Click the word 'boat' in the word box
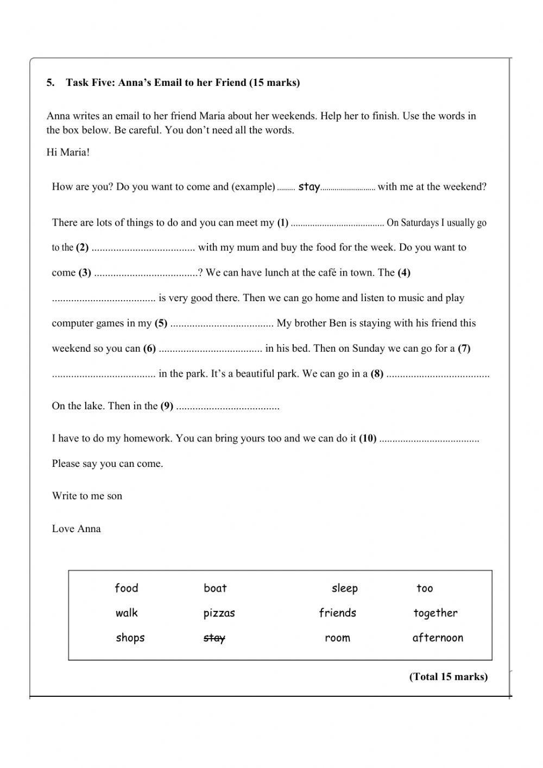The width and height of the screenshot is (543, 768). click(215, 588)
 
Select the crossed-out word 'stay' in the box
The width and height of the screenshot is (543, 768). click(214, 638)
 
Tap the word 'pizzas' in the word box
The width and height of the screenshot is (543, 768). click(219, 613)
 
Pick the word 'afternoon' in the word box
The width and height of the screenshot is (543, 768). click(438, 638)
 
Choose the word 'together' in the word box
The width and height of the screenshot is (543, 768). click(435, 613)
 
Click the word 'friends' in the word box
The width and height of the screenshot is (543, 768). click(338, 613)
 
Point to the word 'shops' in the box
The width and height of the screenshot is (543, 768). click(130, 638)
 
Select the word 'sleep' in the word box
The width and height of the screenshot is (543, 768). click(345, 588)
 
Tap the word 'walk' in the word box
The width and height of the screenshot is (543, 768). click(127, 613)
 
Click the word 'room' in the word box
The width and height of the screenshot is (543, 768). click(337, 638)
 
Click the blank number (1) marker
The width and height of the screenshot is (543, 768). click(283, 222)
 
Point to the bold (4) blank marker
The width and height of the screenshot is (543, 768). click(404, 272)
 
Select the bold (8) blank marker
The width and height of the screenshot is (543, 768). click(377, 373)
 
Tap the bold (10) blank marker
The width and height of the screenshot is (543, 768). click(368, 438)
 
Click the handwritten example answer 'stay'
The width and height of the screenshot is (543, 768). click(309, 187)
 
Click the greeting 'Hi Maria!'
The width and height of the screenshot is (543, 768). click(68, 152)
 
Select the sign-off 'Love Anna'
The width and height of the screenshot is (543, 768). click(77, 528)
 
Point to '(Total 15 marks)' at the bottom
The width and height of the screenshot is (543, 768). click(449, 677)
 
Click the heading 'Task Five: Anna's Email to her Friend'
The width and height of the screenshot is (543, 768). click(182, 83)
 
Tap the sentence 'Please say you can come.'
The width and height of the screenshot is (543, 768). click(108, 464)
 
